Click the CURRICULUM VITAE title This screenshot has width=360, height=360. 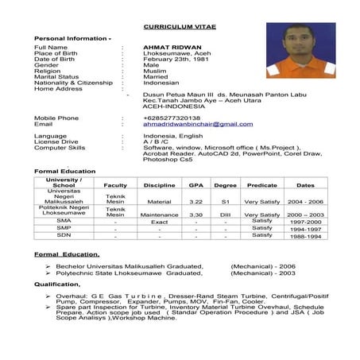click(x=180, y=25)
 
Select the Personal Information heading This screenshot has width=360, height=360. click(x=72, y=37)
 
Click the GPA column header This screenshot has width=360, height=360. click(x=195, y=184)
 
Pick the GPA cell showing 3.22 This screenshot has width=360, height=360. click(x=195, y=202)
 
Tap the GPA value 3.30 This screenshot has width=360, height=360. click(x=195, y=215)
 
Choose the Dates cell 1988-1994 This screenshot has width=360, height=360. click(x=305, y=236)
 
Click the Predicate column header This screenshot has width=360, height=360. click(x=261, y=184)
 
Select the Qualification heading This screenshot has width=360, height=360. click(x=58, y=282)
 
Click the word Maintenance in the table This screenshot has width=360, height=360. click(x=160, y=215)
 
